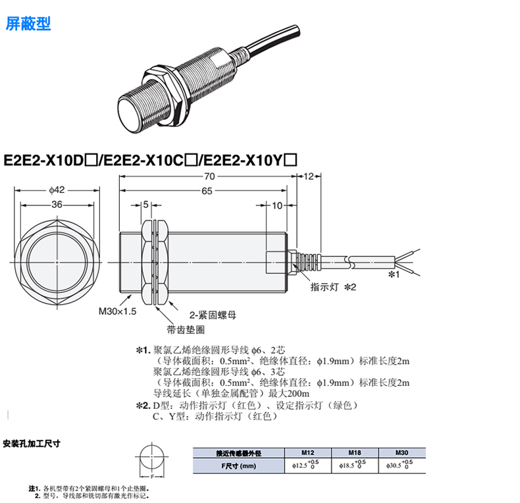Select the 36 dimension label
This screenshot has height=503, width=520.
[x=57, y=205]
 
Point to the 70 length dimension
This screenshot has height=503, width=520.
[x=210, y=176]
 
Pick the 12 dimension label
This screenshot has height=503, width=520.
[x=311, y=176]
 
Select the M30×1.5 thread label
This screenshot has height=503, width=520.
[x=117, y=311]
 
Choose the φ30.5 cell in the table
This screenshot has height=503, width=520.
[x=401, y=465]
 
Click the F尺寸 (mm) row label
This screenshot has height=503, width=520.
[x=238, y=466]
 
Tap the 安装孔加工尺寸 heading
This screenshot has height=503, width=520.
[x=32, y=443]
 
